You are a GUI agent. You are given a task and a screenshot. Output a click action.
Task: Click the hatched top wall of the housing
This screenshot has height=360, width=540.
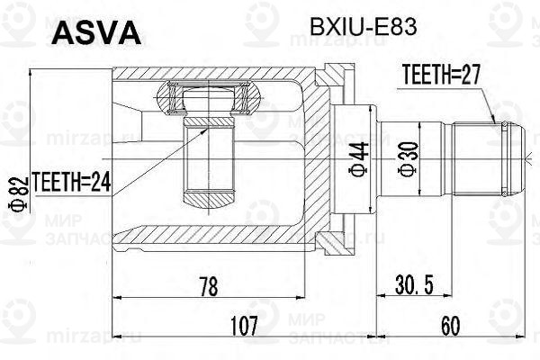coord(216,74)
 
